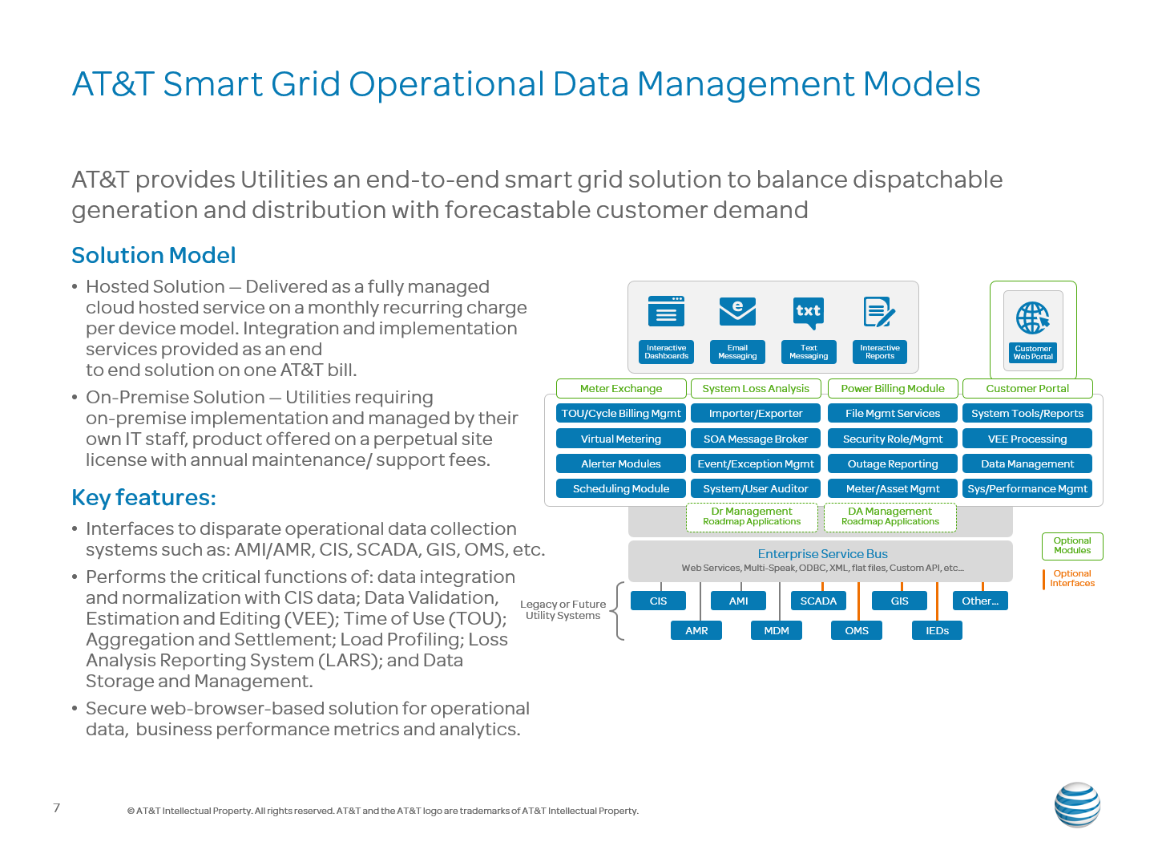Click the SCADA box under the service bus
[x=818, y=601]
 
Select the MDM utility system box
[x=776, y=630]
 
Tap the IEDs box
[x=936, y=630]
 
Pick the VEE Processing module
[x=1027, y=439]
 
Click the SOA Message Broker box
[x=755, y=439]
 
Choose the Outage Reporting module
[x=892, y=463]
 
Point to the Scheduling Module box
[x=620, y=488]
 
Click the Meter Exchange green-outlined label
[x=621, y=388]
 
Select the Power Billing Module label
[x=892, y=388]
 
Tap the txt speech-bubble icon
[x=808, y=313]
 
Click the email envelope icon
[x=737, y=311]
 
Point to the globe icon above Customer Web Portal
[x=1032, y=318]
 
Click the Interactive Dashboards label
[x=666, y=352]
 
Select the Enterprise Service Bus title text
[x=822, y=553]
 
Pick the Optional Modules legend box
[x=1072, y=546]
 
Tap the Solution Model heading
[x=154, y=256]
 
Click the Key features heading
[x=144, y=497]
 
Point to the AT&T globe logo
[x=1077, y=804]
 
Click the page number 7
[x=57, y=807]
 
